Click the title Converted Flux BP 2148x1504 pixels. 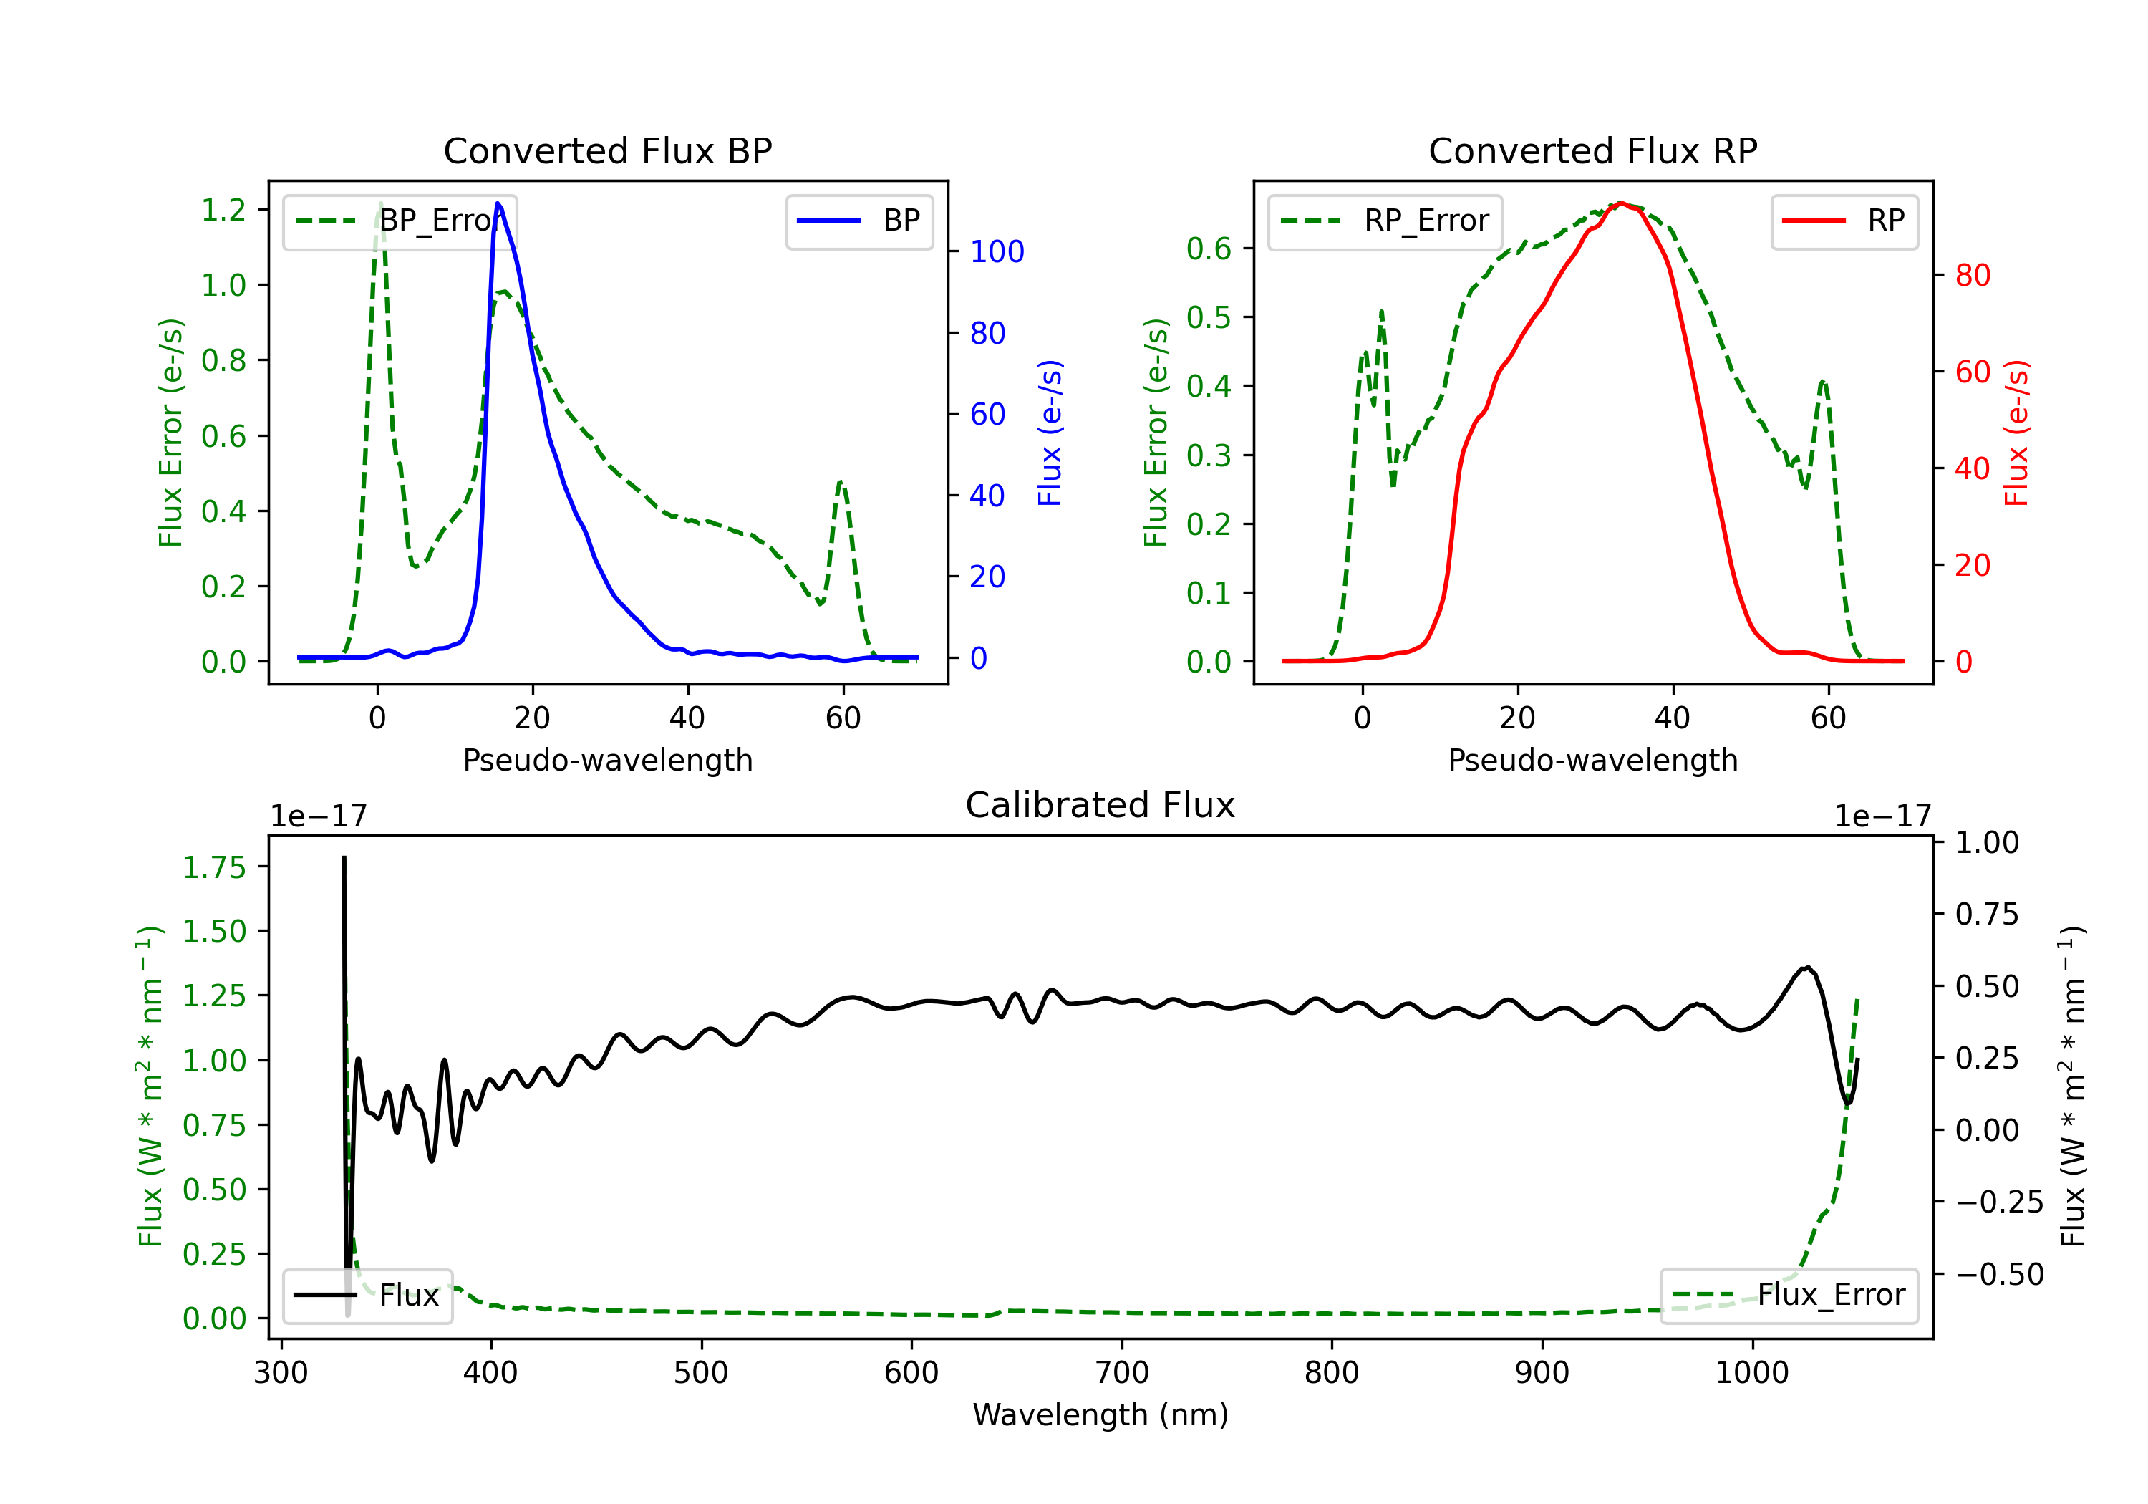(607, 150)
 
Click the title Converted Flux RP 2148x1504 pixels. (1592, 150)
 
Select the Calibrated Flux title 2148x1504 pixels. (1100, 805)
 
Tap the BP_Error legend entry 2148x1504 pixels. (400, 221)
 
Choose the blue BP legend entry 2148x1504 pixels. (858, 221)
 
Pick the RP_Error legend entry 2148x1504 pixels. (1385, 221)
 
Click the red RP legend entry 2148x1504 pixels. (1844, 221)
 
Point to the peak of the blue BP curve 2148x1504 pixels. (498, 203)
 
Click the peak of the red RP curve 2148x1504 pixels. (1620, 203)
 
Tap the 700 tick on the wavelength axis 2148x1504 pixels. (1122, 1373)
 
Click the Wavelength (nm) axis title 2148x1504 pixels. (1100, 1414)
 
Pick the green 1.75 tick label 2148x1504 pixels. (214, 867)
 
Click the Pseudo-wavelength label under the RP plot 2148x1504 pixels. (1592, 760)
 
